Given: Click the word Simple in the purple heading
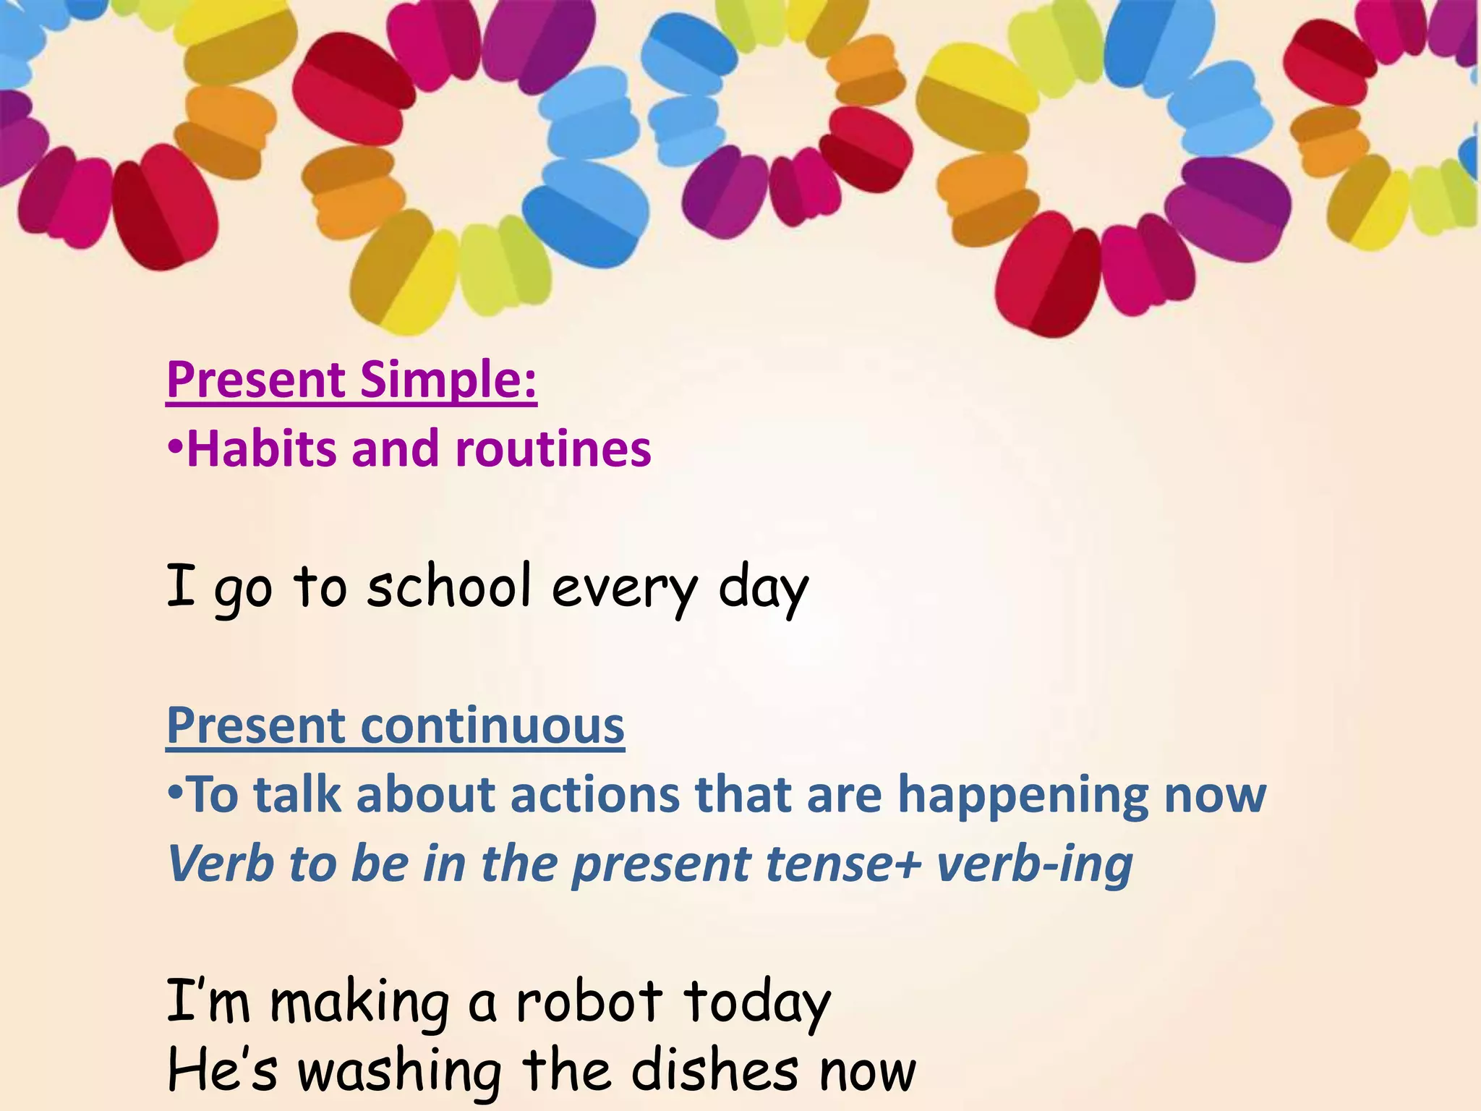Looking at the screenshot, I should pyautogui.click(x=448, y=380).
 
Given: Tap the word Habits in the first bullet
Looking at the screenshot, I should pyautogui.click(x=260, y=448).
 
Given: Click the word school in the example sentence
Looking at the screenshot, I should pyautogui.click(x=448, y=586).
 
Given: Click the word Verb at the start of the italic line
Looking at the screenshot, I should pyautogui.click(x=220, y=864).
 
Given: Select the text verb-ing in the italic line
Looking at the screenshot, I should pyautogui.click(x=1034, y=865).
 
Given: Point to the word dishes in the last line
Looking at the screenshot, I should pyautogui.click(x=715, y=1070).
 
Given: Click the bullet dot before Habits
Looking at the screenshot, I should pyautogui.click(x=175, y=449).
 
